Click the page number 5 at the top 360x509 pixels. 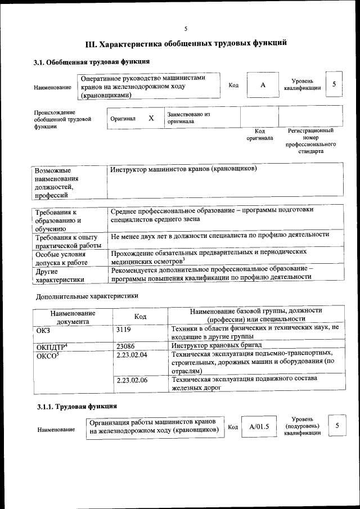(186, 29)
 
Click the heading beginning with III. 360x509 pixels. (186, 43)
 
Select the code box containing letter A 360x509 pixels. (262, 85)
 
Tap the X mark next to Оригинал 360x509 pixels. (151, 119)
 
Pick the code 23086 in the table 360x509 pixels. (127, 345)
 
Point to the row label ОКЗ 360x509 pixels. (43, 331)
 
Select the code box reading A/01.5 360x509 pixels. (259, 426)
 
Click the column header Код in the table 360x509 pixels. (141, 317)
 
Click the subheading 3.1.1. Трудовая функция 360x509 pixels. (73, 406)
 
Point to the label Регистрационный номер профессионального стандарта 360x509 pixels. (310, 141)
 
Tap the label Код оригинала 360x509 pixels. (259, 134)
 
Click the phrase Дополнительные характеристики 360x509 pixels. (87, 295)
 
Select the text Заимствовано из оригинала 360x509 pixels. (188, 118)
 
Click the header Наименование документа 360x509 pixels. (73, 317)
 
